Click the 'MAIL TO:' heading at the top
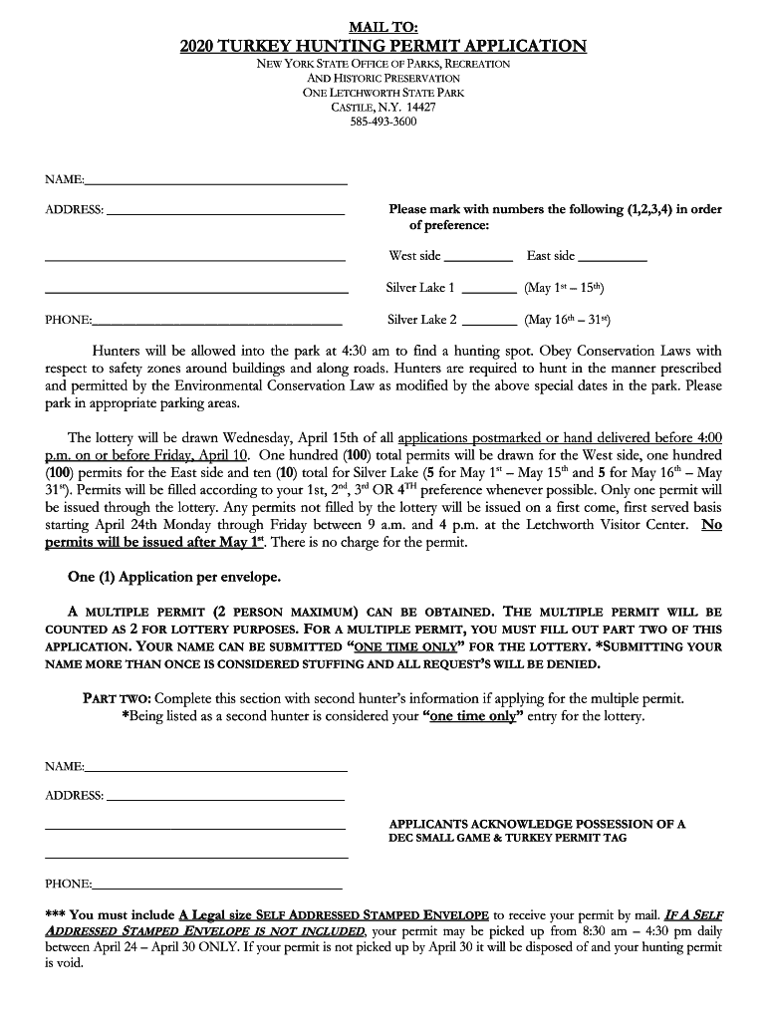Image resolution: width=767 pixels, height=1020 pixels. (x=383, y=26)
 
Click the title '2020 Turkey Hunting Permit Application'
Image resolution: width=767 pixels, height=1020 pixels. (x=383, y=46)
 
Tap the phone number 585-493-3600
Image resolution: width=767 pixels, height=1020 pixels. (x=383, y=122)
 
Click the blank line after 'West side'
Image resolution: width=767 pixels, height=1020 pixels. (x=478, y=257)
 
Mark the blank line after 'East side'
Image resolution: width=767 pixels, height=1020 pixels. (x=612, y=257)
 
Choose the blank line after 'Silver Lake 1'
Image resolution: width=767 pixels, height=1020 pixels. (x=489, y=289)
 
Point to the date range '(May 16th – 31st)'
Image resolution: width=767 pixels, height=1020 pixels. (x=567, y=320)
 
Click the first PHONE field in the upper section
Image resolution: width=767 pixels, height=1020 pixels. (x=217, y=322)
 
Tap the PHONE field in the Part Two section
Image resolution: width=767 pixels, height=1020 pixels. (x=217, y=885)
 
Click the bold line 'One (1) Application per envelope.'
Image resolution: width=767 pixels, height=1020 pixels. (x=174, y=577)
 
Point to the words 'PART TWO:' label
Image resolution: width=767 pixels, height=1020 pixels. (x=117, y=698)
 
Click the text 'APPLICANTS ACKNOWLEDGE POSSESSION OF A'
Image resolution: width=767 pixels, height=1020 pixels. (x=537, y=824)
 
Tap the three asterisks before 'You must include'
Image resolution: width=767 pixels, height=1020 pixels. (x=55, y=914)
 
